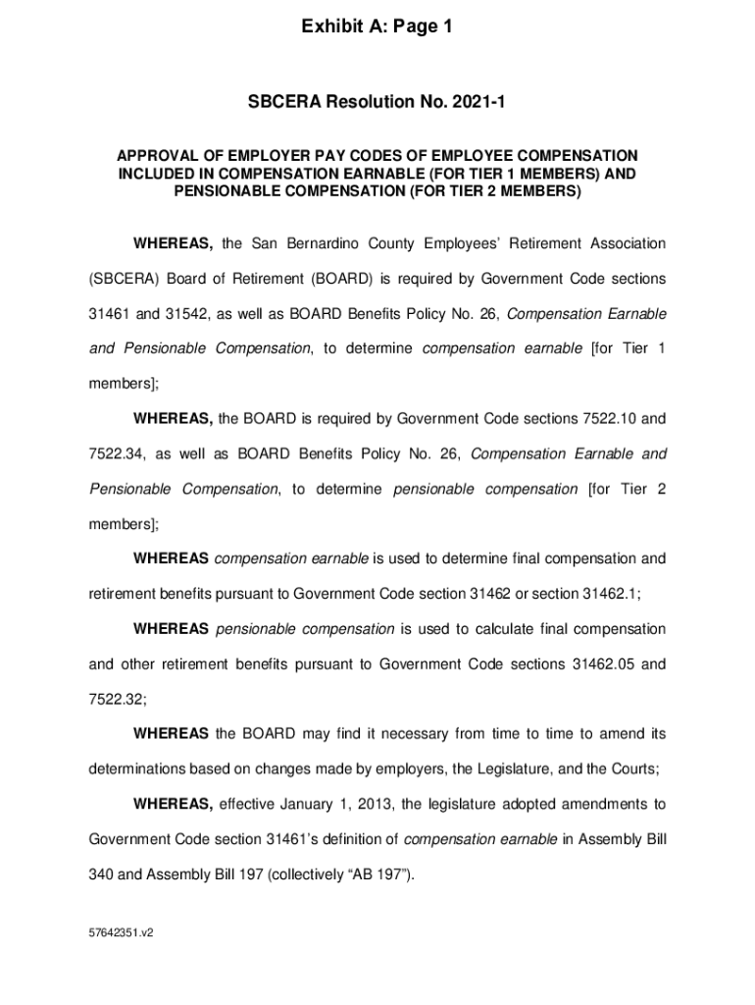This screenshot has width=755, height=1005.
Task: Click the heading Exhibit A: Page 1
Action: tap(377, 28)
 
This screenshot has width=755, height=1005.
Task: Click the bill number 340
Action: tap(101, 874)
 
